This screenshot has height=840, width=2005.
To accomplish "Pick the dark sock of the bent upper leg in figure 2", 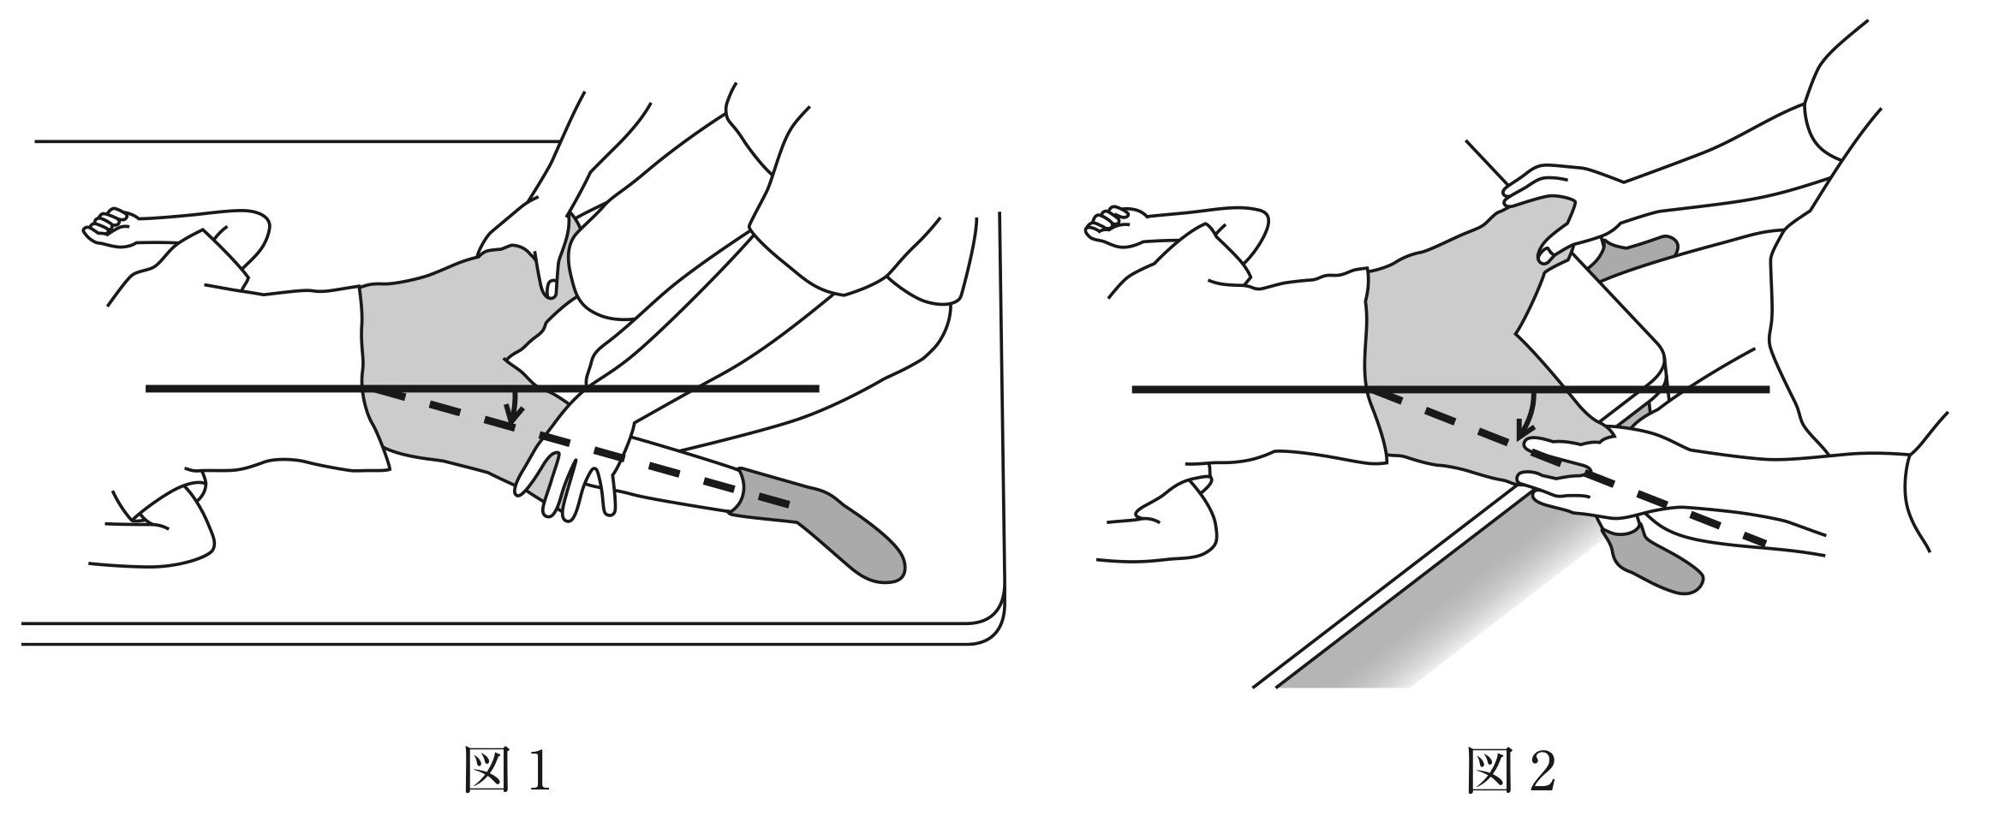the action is click(1632, 258).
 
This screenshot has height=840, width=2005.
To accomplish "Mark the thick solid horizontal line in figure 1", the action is click(482, 389).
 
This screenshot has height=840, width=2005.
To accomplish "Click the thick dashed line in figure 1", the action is click(579, 446).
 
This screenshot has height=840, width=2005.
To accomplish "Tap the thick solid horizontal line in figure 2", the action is click(1451, 390).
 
